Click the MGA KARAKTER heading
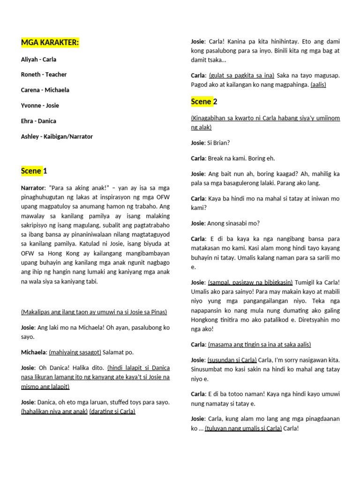50,43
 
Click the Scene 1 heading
34,171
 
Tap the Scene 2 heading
204,102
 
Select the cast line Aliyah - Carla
38,60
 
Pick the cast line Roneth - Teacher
44,75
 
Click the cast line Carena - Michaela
45,90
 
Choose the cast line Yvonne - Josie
40,105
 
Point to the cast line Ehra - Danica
38,121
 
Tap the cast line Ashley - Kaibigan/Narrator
57,136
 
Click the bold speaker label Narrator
33,188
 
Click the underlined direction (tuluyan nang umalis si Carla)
243,428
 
